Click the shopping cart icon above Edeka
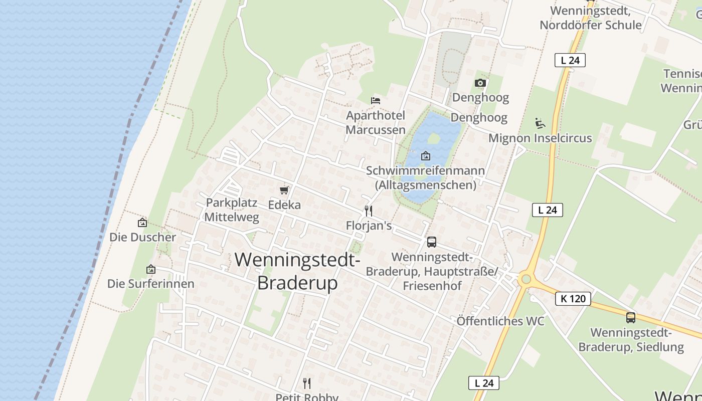pyautogui.click(x=284, y=190)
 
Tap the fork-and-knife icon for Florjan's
pyautogui.click(x=369, y=211)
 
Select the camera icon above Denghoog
pyautogui.click(x=480, y=83)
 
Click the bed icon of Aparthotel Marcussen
pyautogui.click(x=376, y=100)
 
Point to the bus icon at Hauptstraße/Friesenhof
pyautogui.click(x=431, y=242)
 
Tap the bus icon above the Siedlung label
pyautogui.click(x=631, y=317)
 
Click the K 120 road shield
pyautogui.click(x=573, y=299)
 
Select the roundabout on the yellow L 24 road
pyautogui.click(x=525, y=279)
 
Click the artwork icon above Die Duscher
pyautogui.click(x=142, y=223)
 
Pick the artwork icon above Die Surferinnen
pyautogui.click(x=150, y=269)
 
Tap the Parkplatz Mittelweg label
pyautogui.click(x=232, y=210)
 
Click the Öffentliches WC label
pyautogui.click(x=500, y=321)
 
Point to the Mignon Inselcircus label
pyautogui.click(x=540, y=138)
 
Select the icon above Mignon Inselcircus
pyautogui.click(x=540, y=123)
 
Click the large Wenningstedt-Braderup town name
pyautogui.click(x=297, y=271)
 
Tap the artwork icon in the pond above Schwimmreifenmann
pyautogui.click(x=425, y=156)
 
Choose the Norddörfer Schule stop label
pyautogui.click(x=590, y=18)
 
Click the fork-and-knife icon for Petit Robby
pyautogui.click(x=307, y=383)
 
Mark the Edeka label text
pyautogui.click(x=284, y=205)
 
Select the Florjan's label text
pyautogui.click(x=369, y=226)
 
